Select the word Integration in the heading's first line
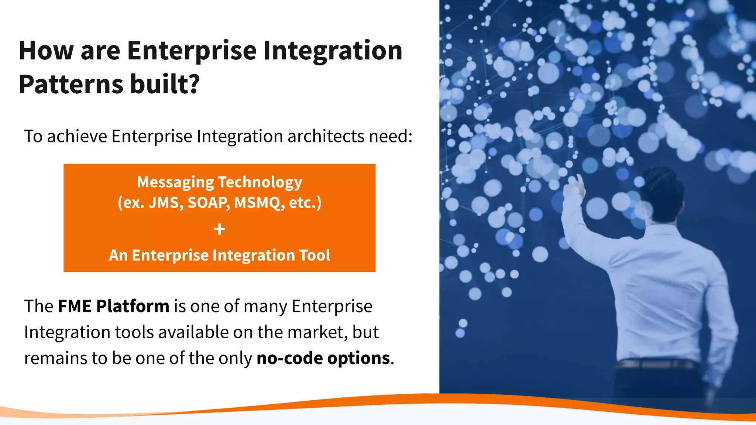[332, 51]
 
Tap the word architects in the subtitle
[326, 136]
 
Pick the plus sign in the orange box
[220, 229]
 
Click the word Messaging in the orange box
[175, 182]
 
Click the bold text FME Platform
[113, 306]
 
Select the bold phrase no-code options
[323, 358]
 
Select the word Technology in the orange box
[260, 182]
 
